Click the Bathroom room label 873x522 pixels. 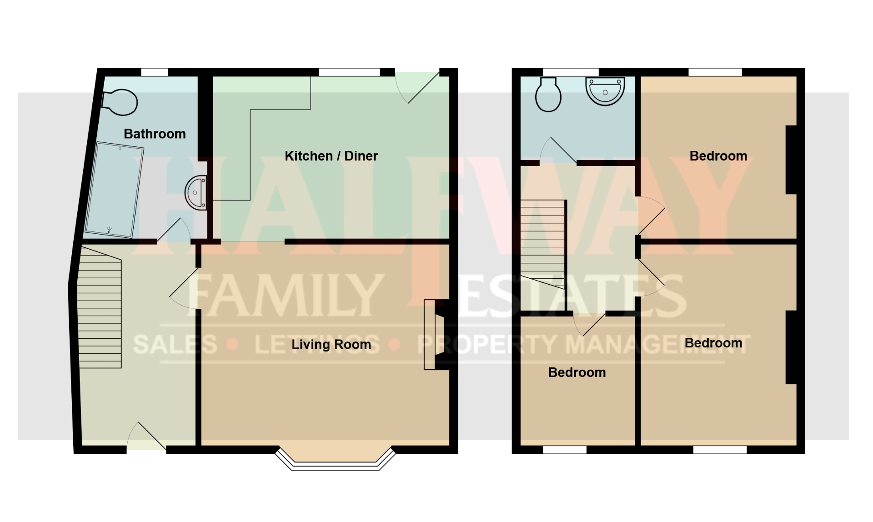tap(155, 134)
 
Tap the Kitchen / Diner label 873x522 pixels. tap(331, 156)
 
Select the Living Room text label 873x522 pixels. tap(331, 345)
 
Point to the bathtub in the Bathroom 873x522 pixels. tap(114, 190)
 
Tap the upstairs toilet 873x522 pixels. tap(548, 95)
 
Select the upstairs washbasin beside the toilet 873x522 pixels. tap(605, 91)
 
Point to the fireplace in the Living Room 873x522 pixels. tap(435, 334)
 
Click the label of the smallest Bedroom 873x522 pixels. tap(577, 372)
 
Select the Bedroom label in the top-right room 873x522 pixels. tap(718, 156)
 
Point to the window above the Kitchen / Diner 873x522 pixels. tap(349, 72)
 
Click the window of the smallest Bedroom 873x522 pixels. tap(565, 450)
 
